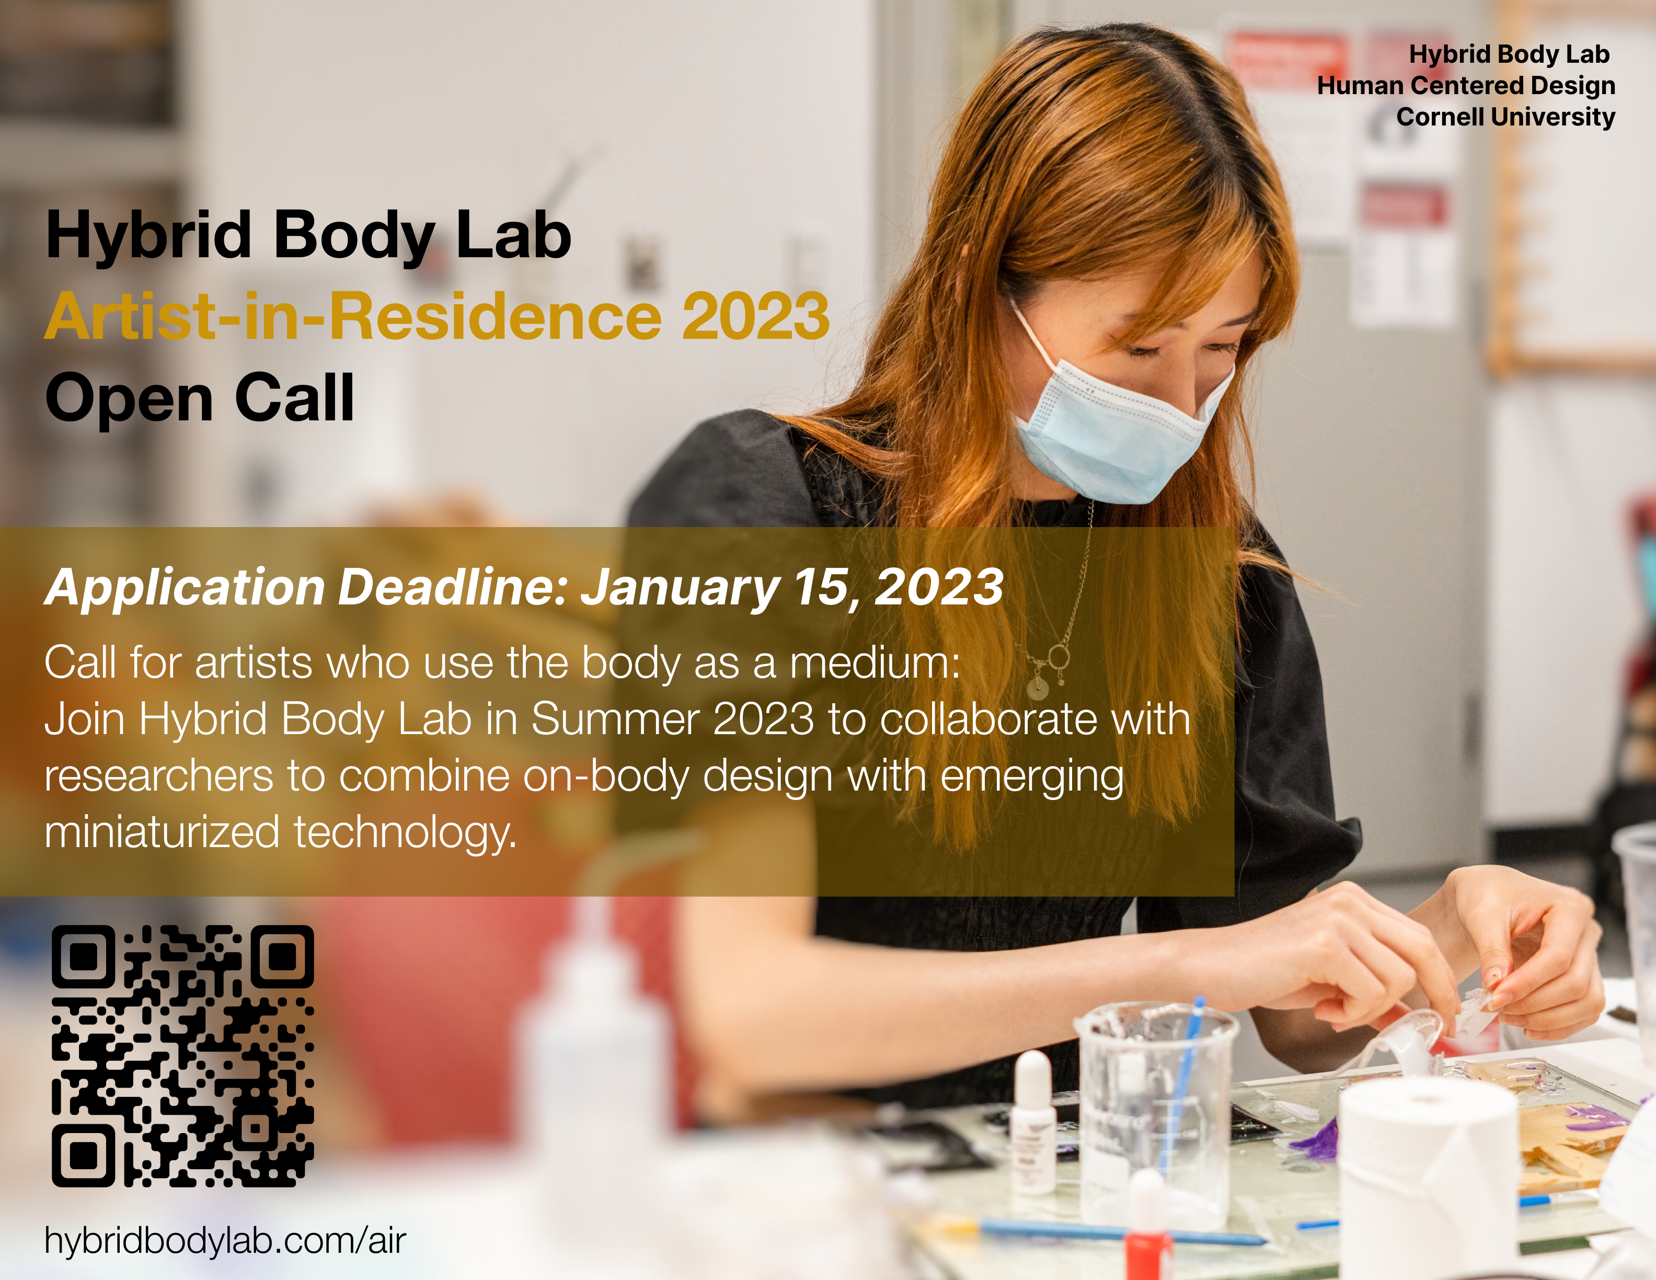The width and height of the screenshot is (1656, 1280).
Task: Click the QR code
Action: pyautogui.click(x=182, y=1056)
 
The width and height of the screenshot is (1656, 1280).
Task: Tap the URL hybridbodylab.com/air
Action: pyautogui.click(x=225, y=1241)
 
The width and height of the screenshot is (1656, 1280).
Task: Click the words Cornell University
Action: pyautogui.click(x=1506, y=117)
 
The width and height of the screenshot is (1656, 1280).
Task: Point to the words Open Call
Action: pyautogui.click(x=199, y=398)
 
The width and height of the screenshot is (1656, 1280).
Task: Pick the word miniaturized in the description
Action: pyautogui.click(x=162, y=832)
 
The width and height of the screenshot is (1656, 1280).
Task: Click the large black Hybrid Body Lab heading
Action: pyautogui.click(x=308, y=236)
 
